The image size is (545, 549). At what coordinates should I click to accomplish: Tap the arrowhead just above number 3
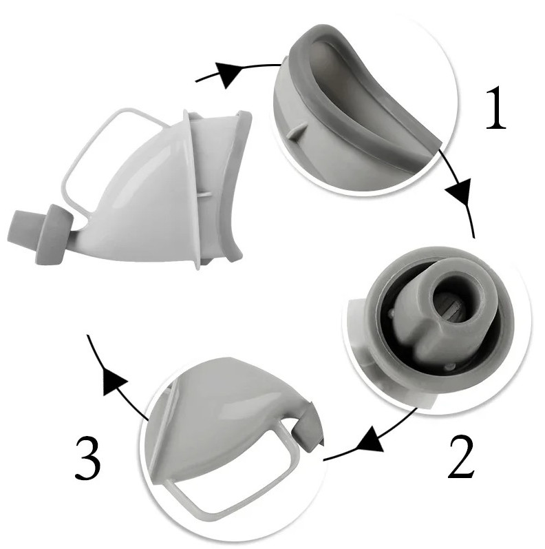(x=114, y=380)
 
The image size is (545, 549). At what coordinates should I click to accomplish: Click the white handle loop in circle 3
(x=227, y=475)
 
